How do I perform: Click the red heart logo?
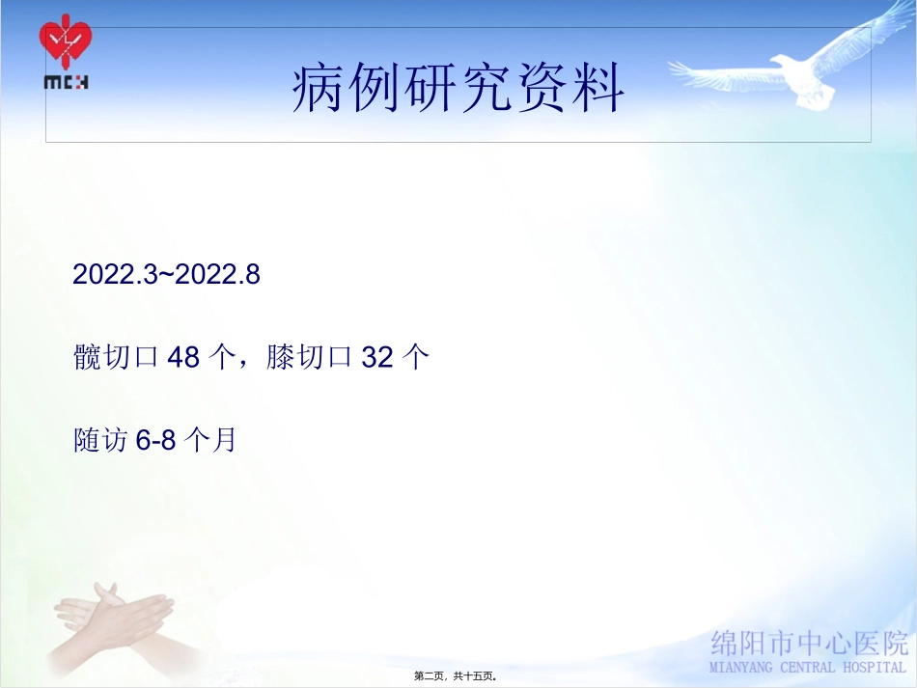66,42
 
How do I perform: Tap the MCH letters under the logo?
66,82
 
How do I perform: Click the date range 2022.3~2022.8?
167,275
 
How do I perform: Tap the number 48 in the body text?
183,358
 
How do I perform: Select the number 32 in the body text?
377,358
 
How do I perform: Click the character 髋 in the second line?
87,358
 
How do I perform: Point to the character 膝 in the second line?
280,358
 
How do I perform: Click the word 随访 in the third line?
100,441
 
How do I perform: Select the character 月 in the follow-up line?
224,441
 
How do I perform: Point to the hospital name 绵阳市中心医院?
809,643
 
